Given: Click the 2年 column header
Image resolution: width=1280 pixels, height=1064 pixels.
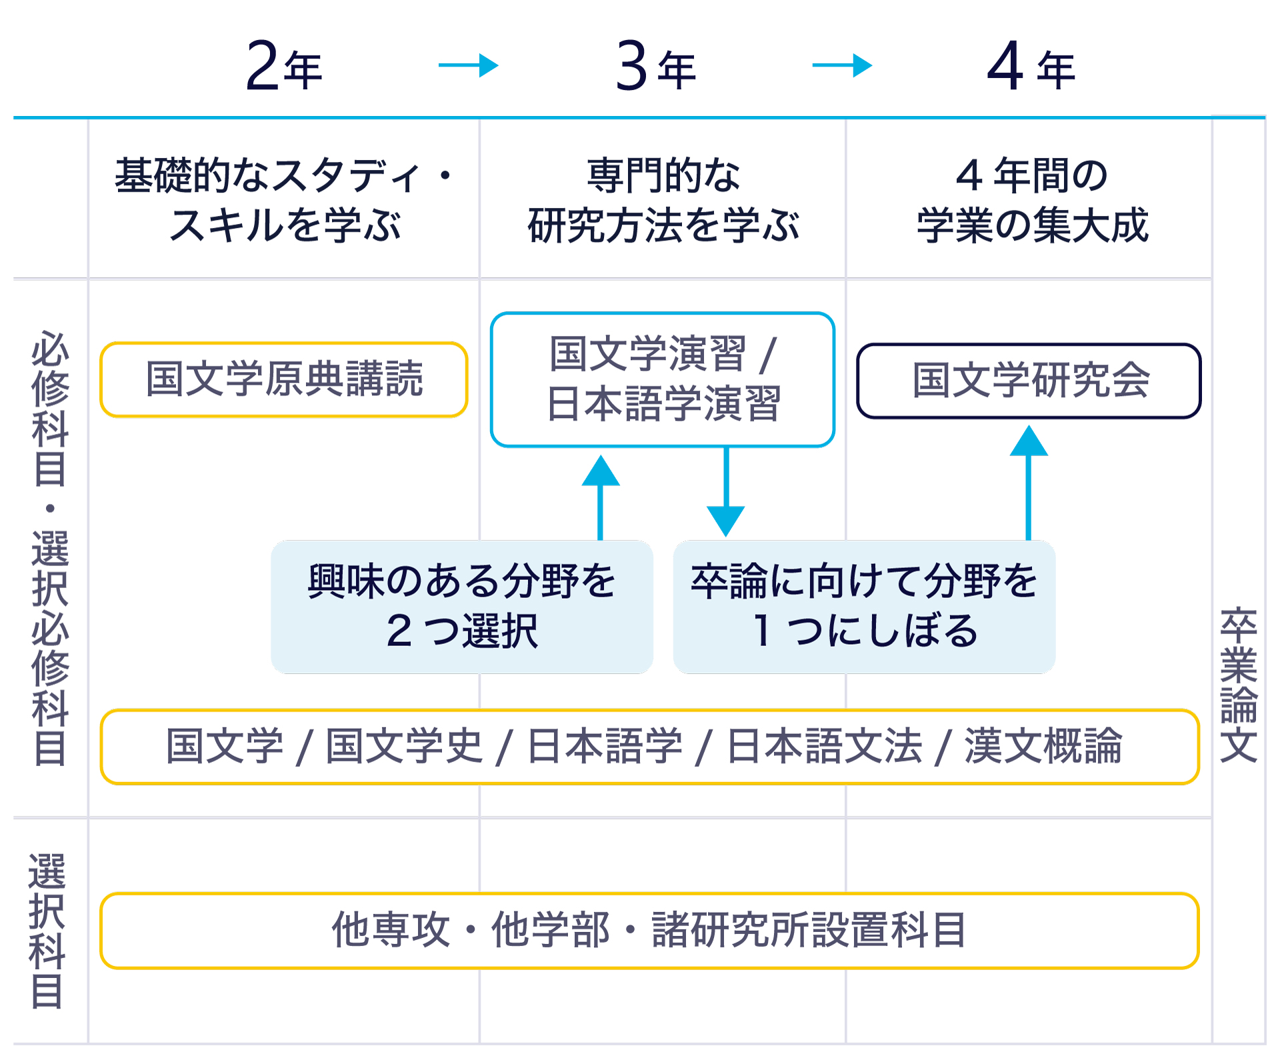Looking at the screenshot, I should (x=284, y=66).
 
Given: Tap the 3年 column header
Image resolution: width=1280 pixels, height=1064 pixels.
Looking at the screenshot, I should (x=656, y=66).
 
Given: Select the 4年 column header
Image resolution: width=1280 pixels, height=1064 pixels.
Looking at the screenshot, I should (x=1031, y=66).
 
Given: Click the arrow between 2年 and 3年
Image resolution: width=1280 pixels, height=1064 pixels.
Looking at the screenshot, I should (x=469, y=65).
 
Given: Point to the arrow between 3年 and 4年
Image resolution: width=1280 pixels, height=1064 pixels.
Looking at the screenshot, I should (x=842, y=65).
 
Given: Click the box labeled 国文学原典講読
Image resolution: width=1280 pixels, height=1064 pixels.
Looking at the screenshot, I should (x=284, y=379).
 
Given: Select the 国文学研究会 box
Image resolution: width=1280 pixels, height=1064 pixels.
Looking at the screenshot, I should (x=1029, y=381).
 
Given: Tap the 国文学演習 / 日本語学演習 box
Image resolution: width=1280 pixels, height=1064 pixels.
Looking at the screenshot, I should (x=663, y=379).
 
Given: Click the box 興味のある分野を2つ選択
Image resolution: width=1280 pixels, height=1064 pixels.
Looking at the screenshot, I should (x=461, y=606).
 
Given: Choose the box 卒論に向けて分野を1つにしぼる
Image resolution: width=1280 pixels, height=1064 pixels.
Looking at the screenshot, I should (x=864, y=606).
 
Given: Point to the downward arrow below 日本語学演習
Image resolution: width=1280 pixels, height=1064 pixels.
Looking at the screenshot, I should (x=726, y=493).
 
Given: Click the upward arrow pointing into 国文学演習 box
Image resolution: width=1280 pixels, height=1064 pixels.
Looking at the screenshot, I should (x=601, y=497).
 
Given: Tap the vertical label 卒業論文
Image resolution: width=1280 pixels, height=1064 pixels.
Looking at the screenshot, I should (x=1239, y=685).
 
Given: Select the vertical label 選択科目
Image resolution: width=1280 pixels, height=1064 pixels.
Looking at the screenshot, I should (x=47, y=931).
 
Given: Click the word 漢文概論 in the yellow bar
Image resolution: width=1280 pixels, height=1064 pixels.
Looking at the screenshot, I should (x=1043, y=746).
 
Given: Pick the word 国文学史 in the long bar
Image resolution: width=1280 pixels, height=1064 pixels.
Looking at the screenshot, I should (x=404, y=746).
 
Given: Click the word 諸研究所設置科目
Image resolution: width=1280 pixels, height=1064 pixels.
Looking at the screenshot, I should (x=809, y=930).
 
